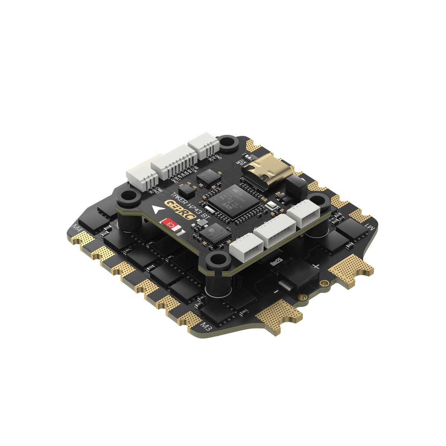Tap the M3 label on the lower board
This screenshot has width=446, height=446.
pyautogui.click(x=206, y=327)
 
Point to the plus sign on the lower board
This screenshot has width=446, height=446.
pyautogui.click(x=316, y=266)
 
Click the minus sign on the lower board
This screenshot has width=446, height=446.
pyautogui.click(x=275, y=291)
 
